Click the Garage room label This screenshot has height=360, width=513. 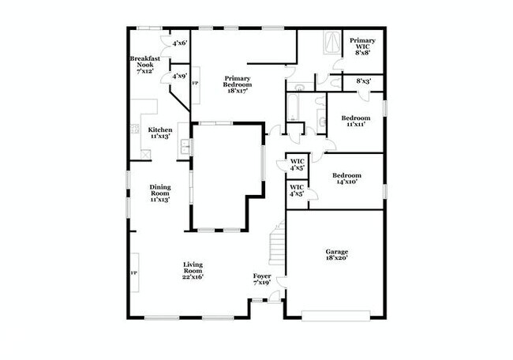(337, 255)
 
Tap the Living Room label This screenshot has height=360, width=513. (193, 272)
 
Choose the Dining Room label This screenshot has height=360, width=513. (160, 193)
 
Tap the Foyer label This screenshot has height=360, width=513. (262, 279)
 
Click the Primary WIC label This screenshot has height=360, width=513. (362, 47)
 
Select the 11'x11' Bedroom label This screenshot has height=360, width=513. (355, 122)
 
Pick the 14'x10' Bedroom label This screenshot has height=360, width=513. (346, 178)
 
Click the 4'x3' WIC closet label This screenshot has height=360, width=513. (298, 165)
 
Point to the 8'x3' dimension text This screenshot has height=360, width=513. (365, 81)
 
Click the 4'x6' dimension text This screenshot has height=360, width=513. (179, 43)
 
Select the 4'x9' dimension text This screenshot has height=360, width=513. (179, 77)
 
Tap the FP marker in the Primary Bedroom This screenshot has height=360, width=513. (196, 84)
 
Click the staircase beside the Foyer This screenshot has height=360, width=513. (275, 244)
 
